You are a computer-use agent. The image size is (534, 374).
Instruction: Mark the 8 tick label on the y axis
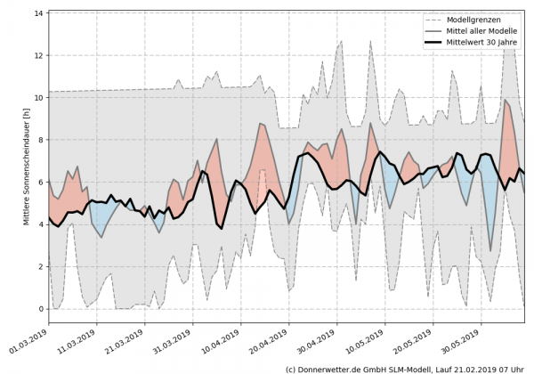pos(40,140)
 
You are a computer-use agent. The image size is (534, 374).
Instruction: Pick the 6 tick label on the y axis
pos(40,182)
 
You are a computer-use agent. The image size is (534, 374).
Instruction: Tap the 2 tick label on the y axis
pos(40,266)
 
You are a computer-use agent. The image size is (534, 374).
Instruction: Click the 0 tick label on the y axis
pos(40,309)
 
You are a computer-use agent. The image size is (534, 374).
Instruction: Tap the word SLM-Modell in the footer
pos(413,367)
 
